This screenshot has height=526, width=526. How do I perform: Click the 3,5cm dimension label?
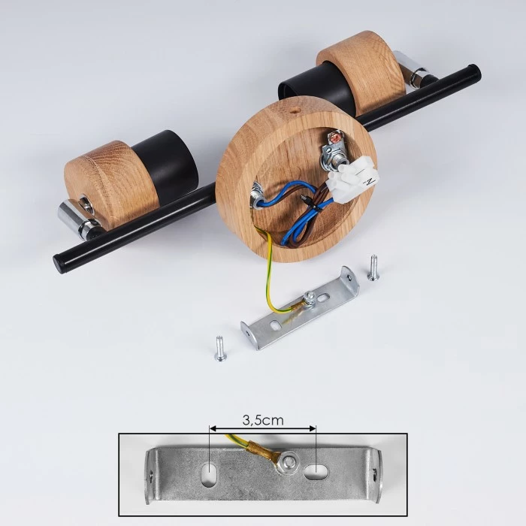click(263, 420)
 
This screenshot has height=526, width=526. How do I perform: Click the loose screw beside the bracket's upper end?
click(373, 268)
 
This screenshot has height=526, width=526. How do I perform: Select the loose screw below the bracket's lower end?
click(219, 349)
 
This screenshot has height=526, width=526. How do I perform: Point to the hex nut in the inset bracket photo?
click(288, 464)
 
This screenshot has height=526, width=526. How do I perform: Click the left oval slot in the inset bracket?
click(210, 473)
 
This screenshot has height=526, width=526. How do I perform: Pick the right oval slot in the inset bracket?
click(316, 471)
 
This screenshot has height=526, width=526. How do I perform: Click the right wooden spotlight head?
click(361, 72)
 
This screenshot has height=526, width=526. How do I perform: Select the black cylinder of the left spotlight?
click(165, 166)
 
